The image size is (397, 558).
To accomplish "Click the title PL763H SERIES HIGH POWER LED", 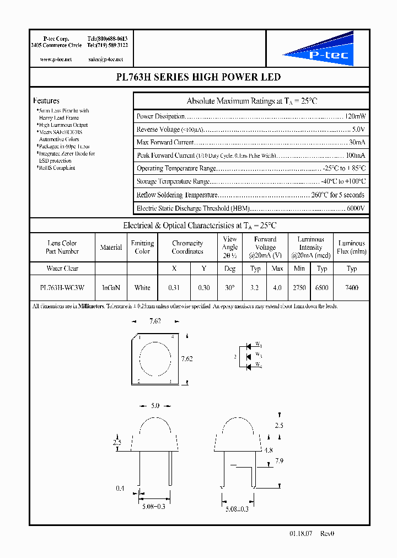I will click(198, 77).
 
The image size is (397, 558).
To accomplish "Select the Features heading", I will click(46, 101).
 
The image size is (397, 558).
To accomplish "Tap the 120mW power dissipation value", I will click(355, 116).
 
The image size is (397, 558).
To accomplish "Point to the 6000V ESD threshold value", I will click(355, 208).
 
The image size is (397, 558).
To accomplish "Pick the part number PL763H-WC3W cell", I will click(62, 287).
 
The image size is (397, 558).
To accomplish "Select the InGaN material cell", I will click(111, 287).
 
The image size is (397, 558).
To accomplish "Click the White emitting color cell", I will click(142, 287).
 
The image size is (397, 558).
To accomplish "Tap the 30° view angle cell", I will click(229, 287).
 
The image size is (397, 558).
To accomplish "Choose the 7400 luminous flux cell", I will click(352, 287).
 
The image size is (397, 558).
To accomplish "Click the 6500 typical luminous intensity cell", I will click(322, 287).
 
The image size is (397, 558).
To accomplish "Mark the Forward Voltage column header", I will click(265, 248).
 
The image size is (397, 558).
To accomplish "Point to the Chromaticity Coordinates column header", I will click(187, 248).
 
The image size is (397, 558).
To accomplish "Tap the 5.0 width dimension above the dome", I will click(155, 406).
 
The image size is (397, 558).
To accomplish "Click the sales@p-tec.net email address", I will click(105, 59).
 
